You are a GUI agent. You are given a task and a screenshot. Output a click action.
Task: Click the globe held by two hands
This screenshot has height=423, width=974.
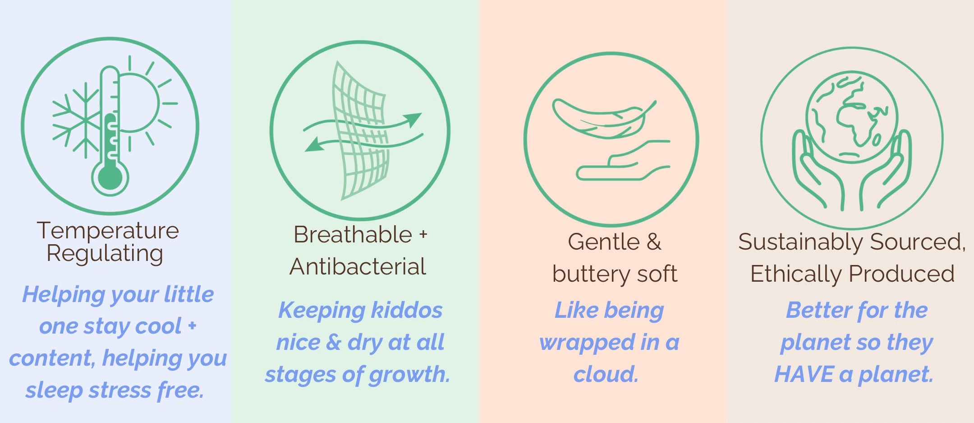click(x=852, y=116)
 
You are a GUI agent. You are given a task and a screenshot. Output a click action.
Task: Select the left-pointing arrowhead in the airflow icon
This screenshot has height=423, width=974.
click(x=314, y=145)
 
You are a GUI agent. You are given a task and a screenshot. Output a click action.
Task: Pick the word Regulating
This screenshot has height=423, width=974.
click(x=105, y=254)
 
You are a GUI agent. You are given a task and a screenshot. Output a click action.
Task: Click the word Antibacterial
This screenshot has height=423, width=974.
click(x=358, y=266)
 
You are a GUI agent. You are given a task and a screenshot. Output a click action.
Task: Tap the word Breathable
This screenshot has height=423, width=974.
click(x=353, y=235)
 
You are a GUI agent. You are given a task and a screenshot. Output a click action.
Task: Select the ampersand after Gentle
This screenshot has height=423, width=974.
click(x=654, y=242)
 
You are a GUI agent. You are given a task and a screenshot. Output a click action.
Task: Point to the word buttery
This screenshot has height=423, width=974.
click(x=591, y=274)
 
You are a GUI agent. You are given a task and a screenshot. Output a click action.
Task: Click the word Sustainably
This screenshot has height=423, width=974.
click(x=801, y=242)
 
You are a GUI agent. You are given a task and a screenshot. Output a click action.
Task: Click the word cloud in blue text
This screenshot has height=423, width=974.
click(x=606, y=375)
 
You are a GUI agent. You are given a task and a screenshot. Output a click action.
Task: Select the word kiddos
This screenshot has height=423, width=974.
click(x=407, y=311)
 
